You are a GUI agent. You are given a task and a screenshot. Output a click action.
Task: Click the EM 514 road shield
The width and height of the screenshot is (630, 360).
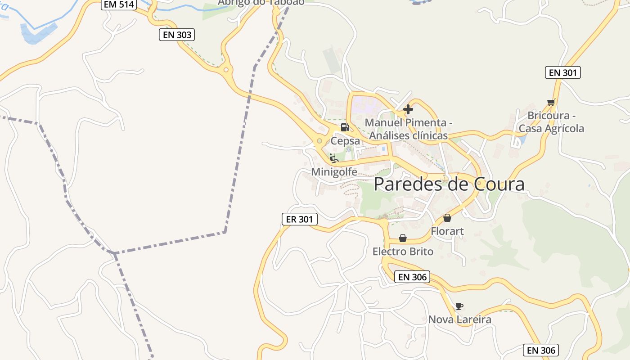(118, 4)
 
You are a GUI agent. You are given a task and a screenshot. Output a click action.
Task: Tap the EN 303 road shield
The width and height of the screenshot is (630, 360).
(177, 35)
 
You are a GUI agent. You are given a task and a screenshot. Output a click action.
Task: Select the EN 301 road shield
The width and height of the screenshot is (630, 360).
(562, 72)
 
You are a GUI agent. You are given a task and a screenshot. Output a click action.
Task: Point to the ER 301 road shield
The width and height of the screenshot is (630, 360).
(299, 219)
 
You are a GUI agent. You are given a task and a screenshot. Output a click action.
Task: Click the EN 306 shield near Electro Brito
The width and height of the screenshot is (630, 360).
(412, 277)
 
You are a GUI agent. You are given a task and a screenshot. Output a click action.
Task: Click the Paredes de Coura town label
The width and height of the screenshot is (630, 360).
(449, 184)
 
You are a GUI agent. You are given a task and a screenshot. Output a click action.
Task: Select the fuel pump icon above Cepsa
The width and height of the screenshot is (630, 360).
(345, 127)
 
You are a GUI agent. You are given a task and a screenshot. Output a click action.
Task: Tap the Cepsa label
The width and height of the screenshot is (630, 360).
(345, 141)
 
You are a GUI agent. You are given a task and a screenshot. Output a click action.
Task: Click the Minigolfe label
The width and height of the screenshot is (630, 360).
(334, 172)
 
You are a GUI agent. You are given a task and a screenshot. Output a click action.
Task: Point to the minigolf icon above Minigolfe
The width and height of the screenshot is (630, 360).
(333, 158)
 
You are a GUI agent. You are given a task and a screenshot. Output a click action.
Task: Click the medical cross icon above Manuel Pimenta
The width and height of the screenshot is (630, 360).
(408, 109)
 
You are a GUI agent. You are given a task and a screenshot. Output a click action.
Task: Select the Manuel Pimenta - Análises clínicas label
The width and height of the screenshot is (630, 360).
(408, 129)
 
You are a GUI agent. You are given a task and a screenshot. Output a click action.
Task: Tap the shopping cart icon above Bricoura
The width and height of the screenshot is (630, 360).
(551, 102)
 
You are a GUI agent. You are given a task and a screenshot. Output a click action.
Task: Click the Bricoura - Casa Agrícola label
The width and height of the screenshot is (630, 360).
(551, 122)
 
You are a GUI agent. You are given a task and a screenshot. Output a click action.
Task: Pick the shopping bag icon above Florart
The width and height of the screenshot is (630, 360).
(447, 218)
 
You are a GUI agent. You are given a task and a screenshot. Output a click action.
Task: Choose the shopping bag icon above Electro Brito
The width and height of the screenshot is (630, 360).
(403, 238)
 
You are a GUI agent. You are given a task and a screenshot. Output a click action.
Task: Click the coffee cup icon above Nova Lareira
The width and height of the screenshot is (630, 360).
(459, 306)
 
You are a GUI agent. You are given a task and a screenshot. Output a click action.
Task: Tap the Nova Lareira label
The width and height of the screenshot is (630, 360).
(459, 319)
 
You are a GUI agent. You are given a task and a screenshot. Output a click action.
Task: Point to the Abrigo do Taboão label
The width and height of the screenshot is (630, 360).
(261, 2)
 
